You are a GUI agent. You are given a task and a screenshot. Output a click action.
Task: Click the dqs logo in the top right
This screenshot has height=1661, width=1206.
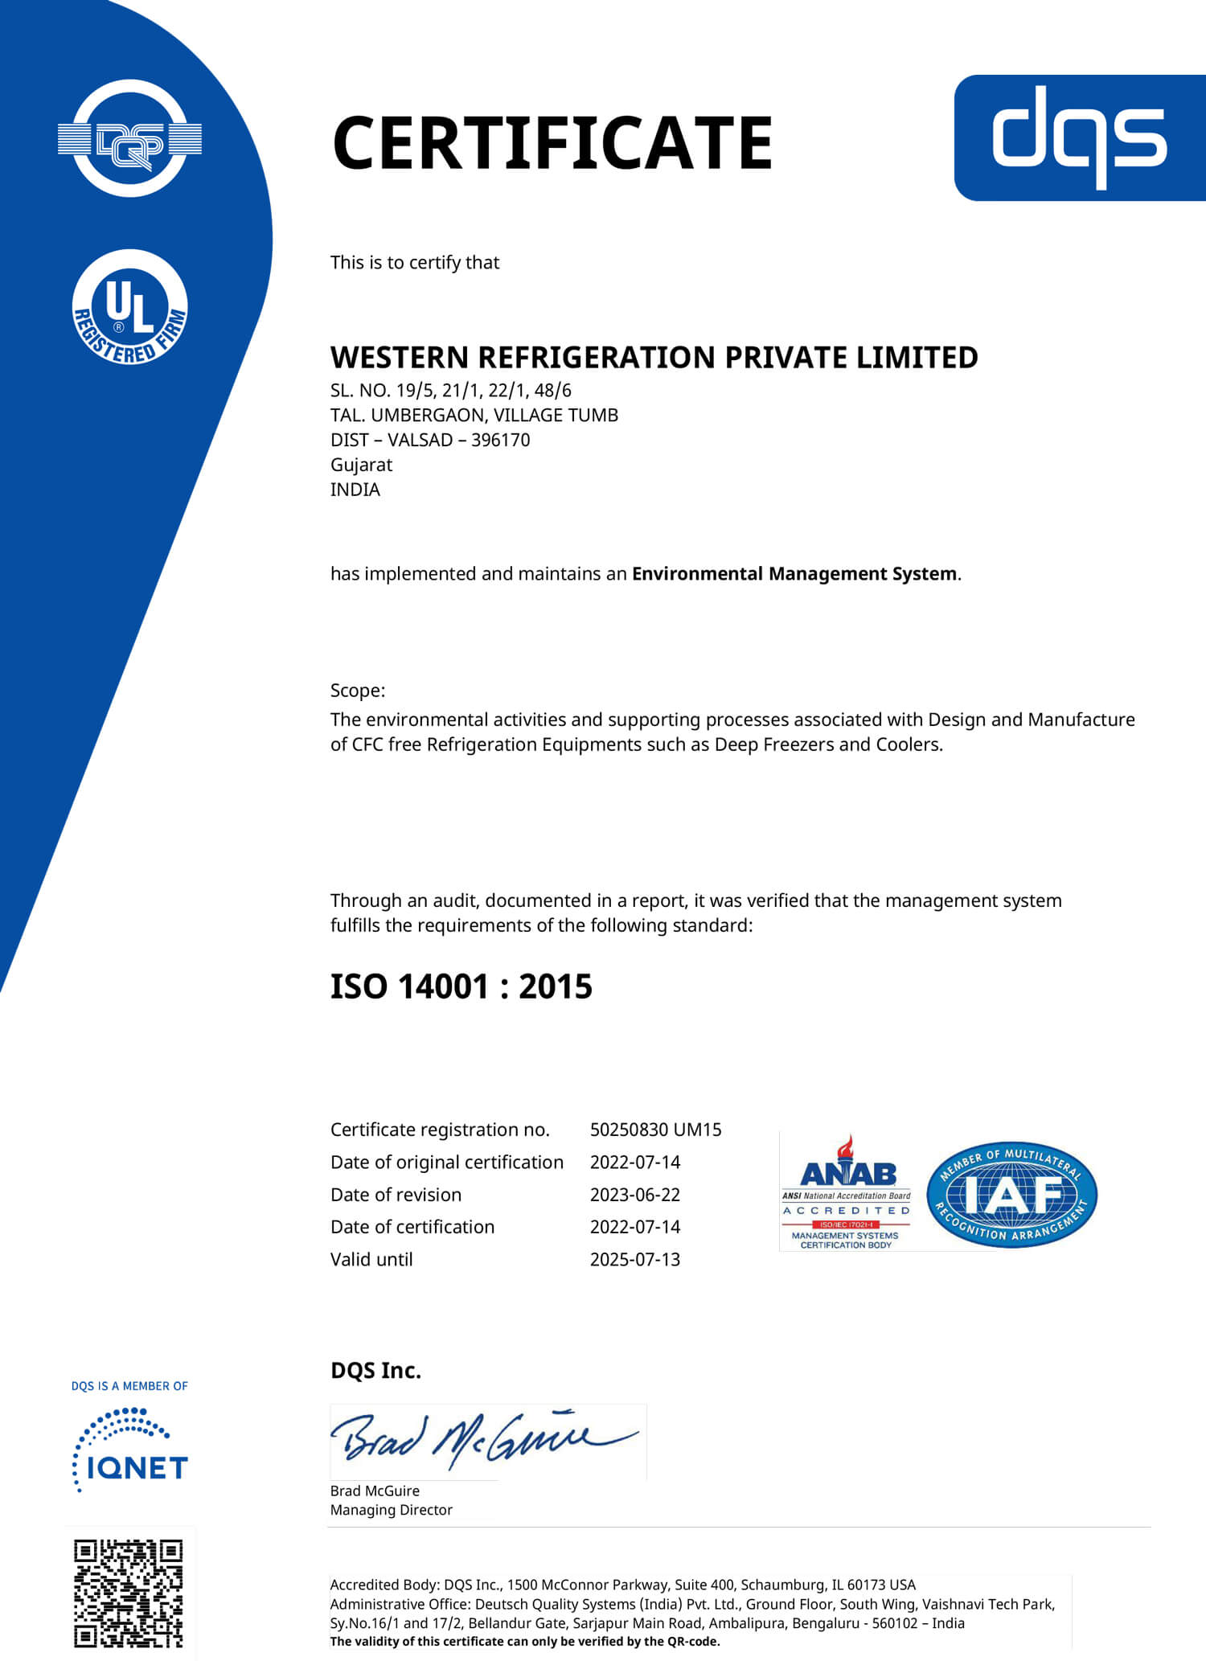(x=1079, y=137)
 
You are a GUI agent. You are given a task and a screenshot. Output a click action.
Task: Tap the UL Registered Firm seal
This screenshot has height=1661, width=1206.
(x=129, y=307)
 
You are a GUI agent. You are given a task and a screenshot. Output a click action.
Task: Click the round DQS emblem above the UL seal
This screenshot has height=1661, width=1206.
(x=129, y=138)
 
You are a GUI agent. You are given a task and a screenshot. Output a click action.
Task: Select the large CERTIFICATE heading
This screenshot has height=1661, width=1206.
(x=552, y=142)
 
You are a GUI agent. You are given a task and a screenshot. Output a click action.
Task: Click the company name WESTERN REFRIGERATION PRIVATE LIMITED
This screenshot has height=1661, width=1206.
(x=654, y=357)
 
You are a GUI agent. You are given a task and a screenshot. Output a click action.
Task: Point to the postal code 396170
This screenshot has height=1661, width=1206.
(x=500, y=440)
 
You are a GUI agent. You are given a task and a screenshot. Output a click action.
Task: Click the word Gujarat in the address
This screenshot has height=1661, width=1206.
(x=361, y=465)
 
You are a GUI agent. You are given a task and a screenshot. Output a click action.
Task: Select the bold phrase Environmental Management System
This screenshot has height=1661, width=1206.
(x=794, y=573)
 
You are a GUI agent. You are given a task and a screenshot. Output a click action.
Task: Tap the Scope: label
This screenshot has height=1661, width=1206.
(x=358, y=690)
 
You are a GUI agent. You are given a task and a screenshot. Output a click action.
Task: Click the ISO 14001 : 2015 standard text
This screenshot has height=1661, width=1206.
(x=461, y=986)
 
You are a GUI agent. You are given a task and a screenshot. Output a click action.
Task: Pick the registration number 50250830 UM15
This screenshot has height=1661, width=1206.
(x=655, y=1130)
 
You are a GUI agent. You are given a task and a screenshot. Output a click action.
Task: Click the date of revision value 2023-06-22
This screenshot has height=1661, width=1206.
(x=634, y=1195)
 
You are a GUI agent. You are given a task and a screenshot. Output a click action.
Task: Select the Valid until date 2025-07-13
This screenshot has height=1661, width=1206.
(x=634, y=1259)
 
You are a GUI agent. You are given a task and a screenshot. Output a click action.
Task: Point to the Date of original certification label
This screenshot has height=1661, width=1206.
(x=446, y=1162)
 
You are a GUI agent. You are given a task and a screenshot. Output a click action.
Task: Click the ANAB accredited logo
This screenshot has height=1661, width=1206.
(x=846, y=1192)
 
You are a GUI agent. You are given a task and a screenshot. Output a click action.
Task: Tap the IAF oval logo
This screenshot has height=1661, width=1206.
(x=1011, y=1194)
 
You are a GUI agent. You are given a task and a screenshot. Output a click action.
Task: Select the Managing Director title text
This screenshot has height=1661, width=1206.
(x=391, y=1510)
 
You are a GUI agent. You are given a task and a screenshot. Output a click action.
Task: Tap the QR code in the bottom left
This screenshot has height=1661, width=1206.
(x=129, y=1593)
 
